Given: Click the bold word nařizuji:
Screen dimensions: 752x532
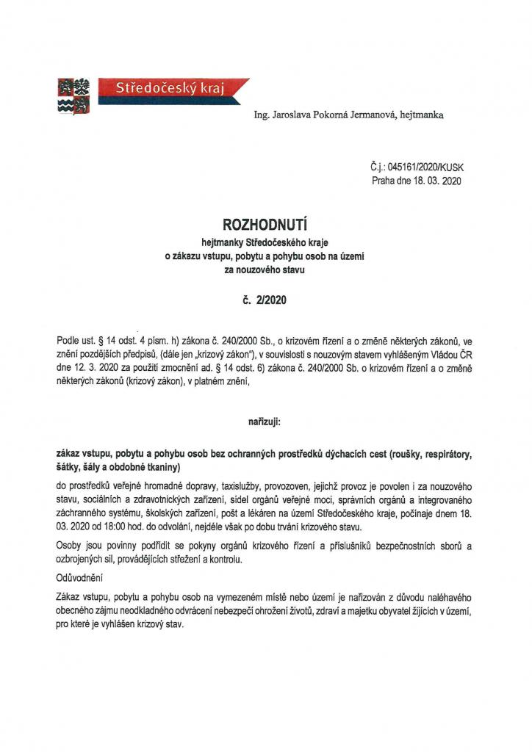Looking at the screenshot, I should click(x=265, y=423).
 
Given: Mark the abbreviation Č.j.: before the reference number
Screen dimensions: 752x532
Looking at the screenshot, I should click(x=382, y=167).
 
